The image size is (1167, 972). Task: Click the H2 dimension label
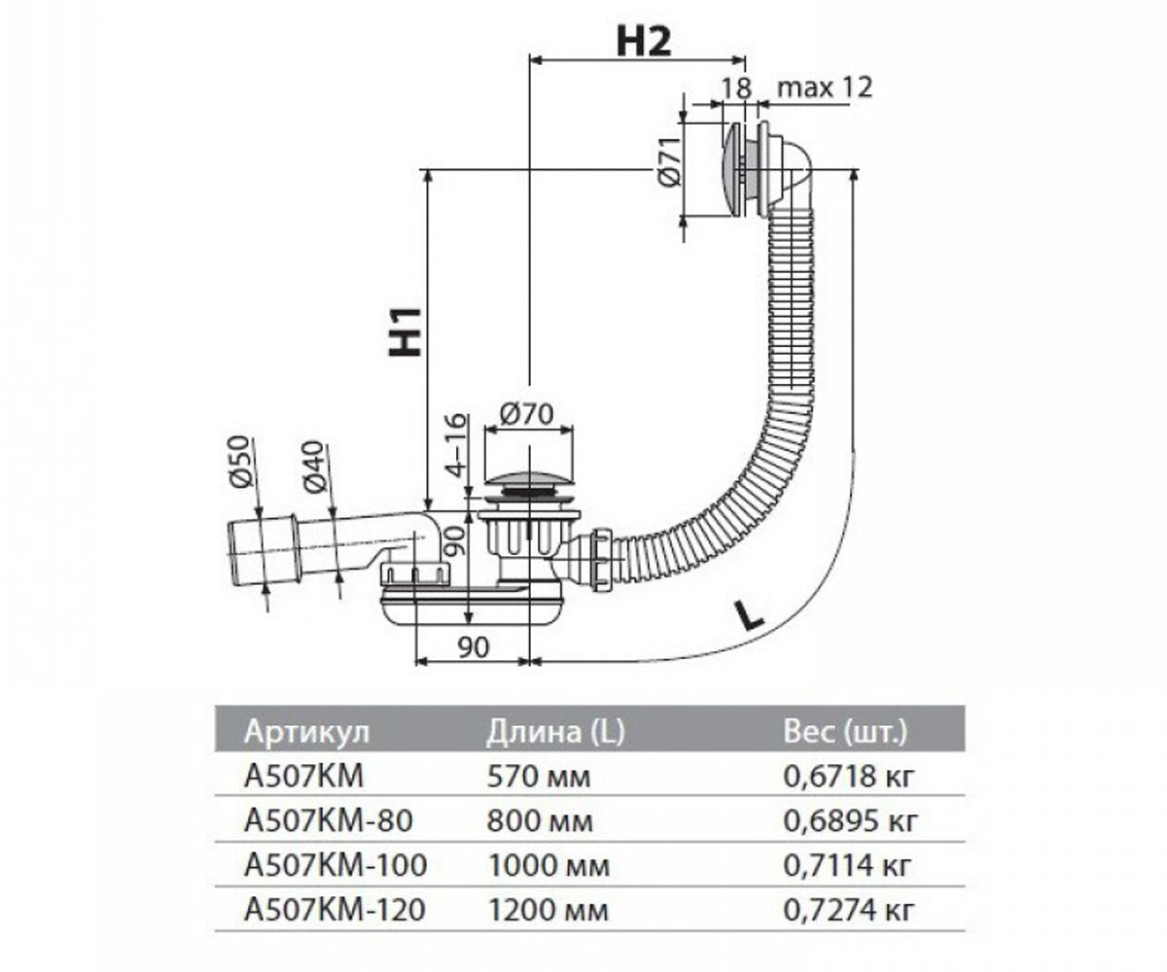(644, 42)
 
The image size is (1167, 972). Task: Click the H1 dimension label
(406, 330)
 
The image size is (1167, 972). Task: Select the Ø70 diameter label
(527, 414)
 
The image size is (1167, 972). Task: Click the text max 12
(825, 88)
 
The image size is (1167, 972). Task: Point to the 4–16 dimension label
(457, 445)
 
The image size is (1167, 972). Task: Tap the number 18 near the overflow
(736, 88)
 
